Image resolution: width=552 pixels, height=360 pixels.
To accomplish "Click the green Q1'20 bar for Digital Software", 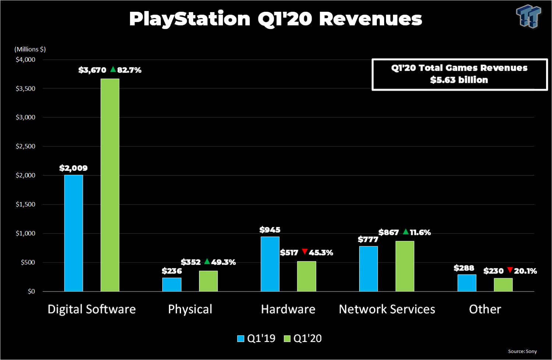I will tap(110, 185).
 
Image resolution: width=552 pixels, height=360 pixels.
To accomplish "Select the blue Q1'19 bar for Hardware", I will tap(270, 264).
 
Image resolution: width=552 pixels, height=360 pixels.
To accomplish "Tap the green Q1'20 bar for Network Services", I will tap(405, 266).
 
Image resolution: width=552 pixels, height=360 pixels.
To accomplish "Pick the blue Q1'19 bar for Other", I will tap(467, 283).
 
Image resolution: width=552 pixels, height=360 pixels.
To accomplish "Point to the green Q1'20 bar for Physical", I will tap(208, 281).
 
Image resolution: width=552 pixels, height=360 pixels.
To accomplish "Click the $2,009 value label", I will tap(74, 168).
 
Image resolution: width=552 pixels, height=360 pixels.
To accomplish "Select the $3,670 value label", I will tap(92, 70).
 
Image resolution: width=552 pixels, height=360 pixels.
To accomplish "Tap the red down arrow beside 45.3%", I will tap(305, 251).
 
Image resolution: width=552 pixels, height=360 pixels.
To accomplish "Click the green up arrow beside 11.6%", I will tap(406, 232).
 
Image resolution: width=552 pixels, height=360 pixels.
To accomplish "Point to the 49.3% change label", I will tap(223, 262).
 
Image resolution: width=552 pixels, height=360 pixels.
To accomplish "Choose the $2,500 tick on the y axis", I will tap(25, 146).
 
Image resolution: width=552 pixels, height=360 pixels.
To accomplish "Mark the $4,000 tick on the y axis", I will tap(25, 60).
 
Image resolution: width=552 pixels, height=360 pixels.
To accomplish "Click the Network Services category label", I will tap(387, 309).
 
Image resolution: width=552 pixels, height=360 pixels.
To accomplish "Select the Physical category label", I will tap(190, 309).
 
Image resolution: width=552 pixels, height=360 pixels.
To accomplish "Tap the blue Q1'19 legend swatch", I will tap(241, 339).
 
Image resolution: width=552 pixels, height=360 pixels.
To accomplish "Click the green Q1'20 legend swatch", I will tap(287, 339).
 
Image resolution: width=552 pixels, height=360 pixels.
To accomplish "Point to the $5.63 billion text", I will tap(459, 80).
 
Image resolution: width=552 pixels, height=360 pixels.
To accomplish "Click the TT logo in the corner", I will tap(528, 16).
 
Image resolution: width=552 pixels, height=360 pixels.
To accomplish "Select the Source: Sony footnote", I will tap(522, 351).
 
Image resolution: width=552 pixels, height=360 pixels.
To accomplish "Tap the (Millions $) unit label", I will tap(30, 49).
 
